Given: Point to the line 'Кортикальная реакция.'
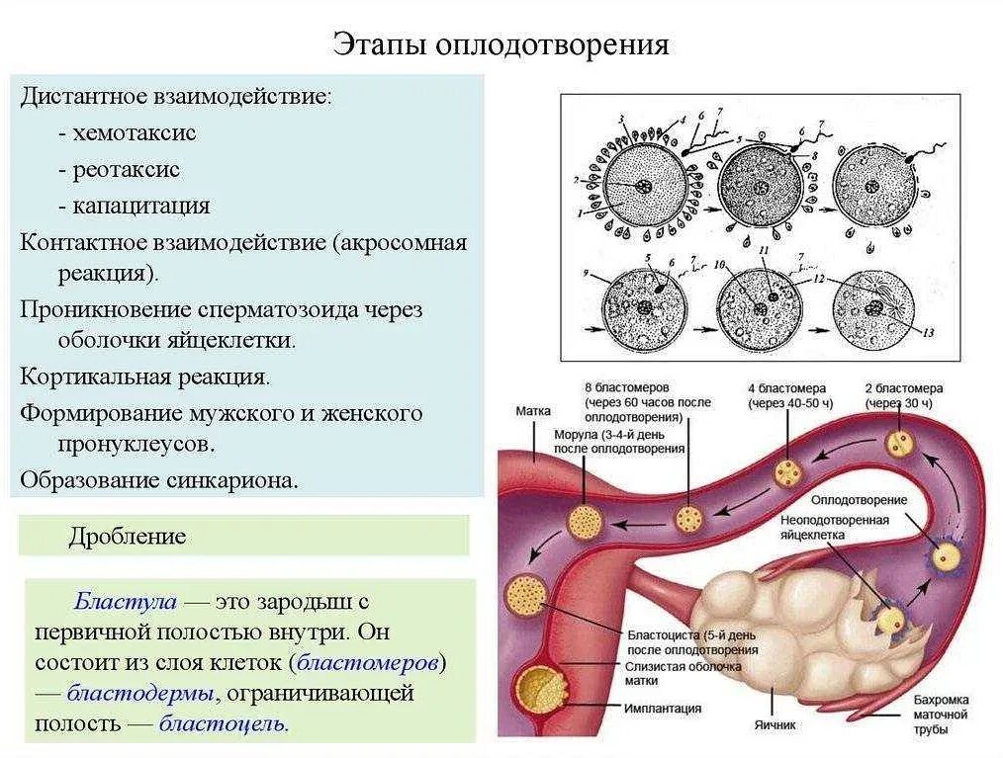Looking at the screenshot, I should coord(144,377).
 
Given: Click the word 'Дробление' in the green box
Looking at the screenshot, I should coord(127,537).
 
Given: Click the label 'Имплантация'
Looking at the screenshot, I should coord(663,708).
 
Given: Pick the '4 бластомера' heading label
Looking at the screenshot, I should coord(786,388).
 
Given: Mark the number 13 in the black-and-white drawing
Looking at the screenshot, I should coord(927,333).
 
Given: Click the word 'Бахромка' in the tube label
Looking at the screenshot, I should coord(941,699).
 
